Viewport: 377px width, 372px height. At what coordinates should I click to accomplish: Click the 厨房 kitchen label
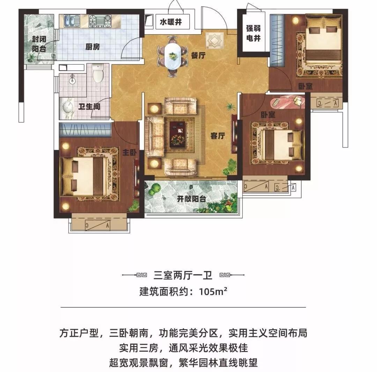click(93, 46)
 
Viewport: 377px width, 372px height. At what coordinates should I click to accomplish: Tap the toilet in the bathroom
click(98, 73)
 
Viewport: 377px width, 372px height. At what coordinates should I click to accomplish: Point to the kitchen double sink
click(72, 21)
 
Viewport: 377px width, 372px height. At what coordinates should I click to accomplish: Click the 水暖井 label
click(171, 22)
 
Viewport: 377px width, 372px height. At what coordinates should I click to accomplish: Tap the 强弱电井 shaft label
click(253, 33)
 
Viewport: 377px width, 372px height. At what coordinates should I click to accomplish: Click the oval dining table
click(172, 56)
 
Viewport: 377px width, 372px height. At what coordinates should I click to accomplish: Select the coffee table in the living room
click(179, 134)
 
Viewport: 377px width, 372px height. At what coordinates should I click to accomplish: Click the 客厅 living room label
click(217, 136)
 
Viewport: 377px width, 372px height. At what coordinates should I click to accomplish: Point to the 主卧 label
click(130, 152)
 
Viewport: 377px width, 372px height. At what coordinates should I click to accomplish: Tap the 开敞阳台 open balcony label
click(192, 199)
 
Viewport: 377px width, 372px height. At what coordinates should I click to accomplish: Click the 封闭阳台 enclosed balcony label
click(39, 44)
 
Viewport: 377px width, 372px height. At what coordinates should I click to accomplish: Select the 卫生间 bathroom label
click(89, 106)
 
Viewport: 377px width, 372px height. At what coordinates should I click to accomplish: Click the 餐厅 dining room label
click(198, 55)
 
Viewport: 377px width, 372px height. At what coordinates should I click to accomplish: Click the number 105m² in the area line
click(213, 292)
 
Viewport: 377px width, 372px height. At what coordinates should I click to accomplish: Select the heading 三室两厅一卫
click(183, 275)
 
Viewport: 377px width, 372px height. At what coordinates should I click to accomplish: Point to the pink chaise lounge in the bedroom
click(288, 102)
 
